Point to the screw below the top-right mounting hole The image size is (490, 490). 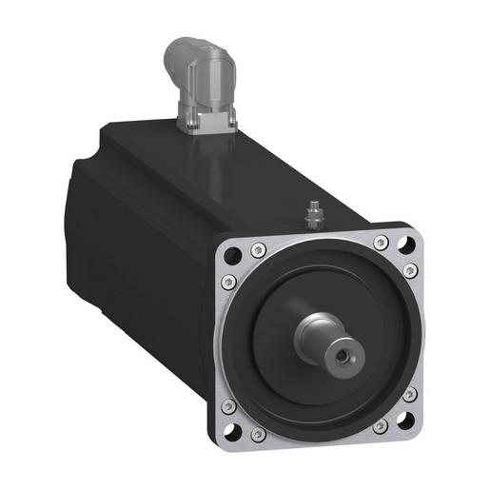[x=409, y=272]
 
